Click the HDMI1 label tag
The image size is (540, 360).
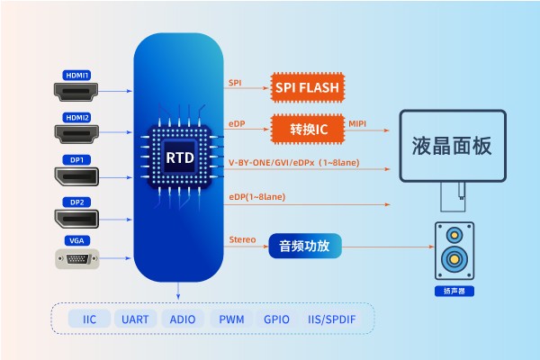76,75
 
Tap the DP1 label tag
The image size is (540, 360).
76,160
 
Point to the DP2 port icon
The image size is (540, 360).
76,219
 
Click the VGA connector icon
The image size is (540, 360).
76,260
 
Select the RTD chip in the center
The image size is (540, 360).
179,157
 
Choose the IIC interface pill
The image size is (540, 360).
89,319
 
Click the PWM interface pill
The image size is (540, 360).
231,319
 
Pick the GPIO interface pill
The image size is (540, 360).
276,319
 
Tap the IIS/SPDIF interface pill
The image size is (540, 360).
332,319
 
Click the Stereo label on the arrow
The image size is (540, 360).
242,238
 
